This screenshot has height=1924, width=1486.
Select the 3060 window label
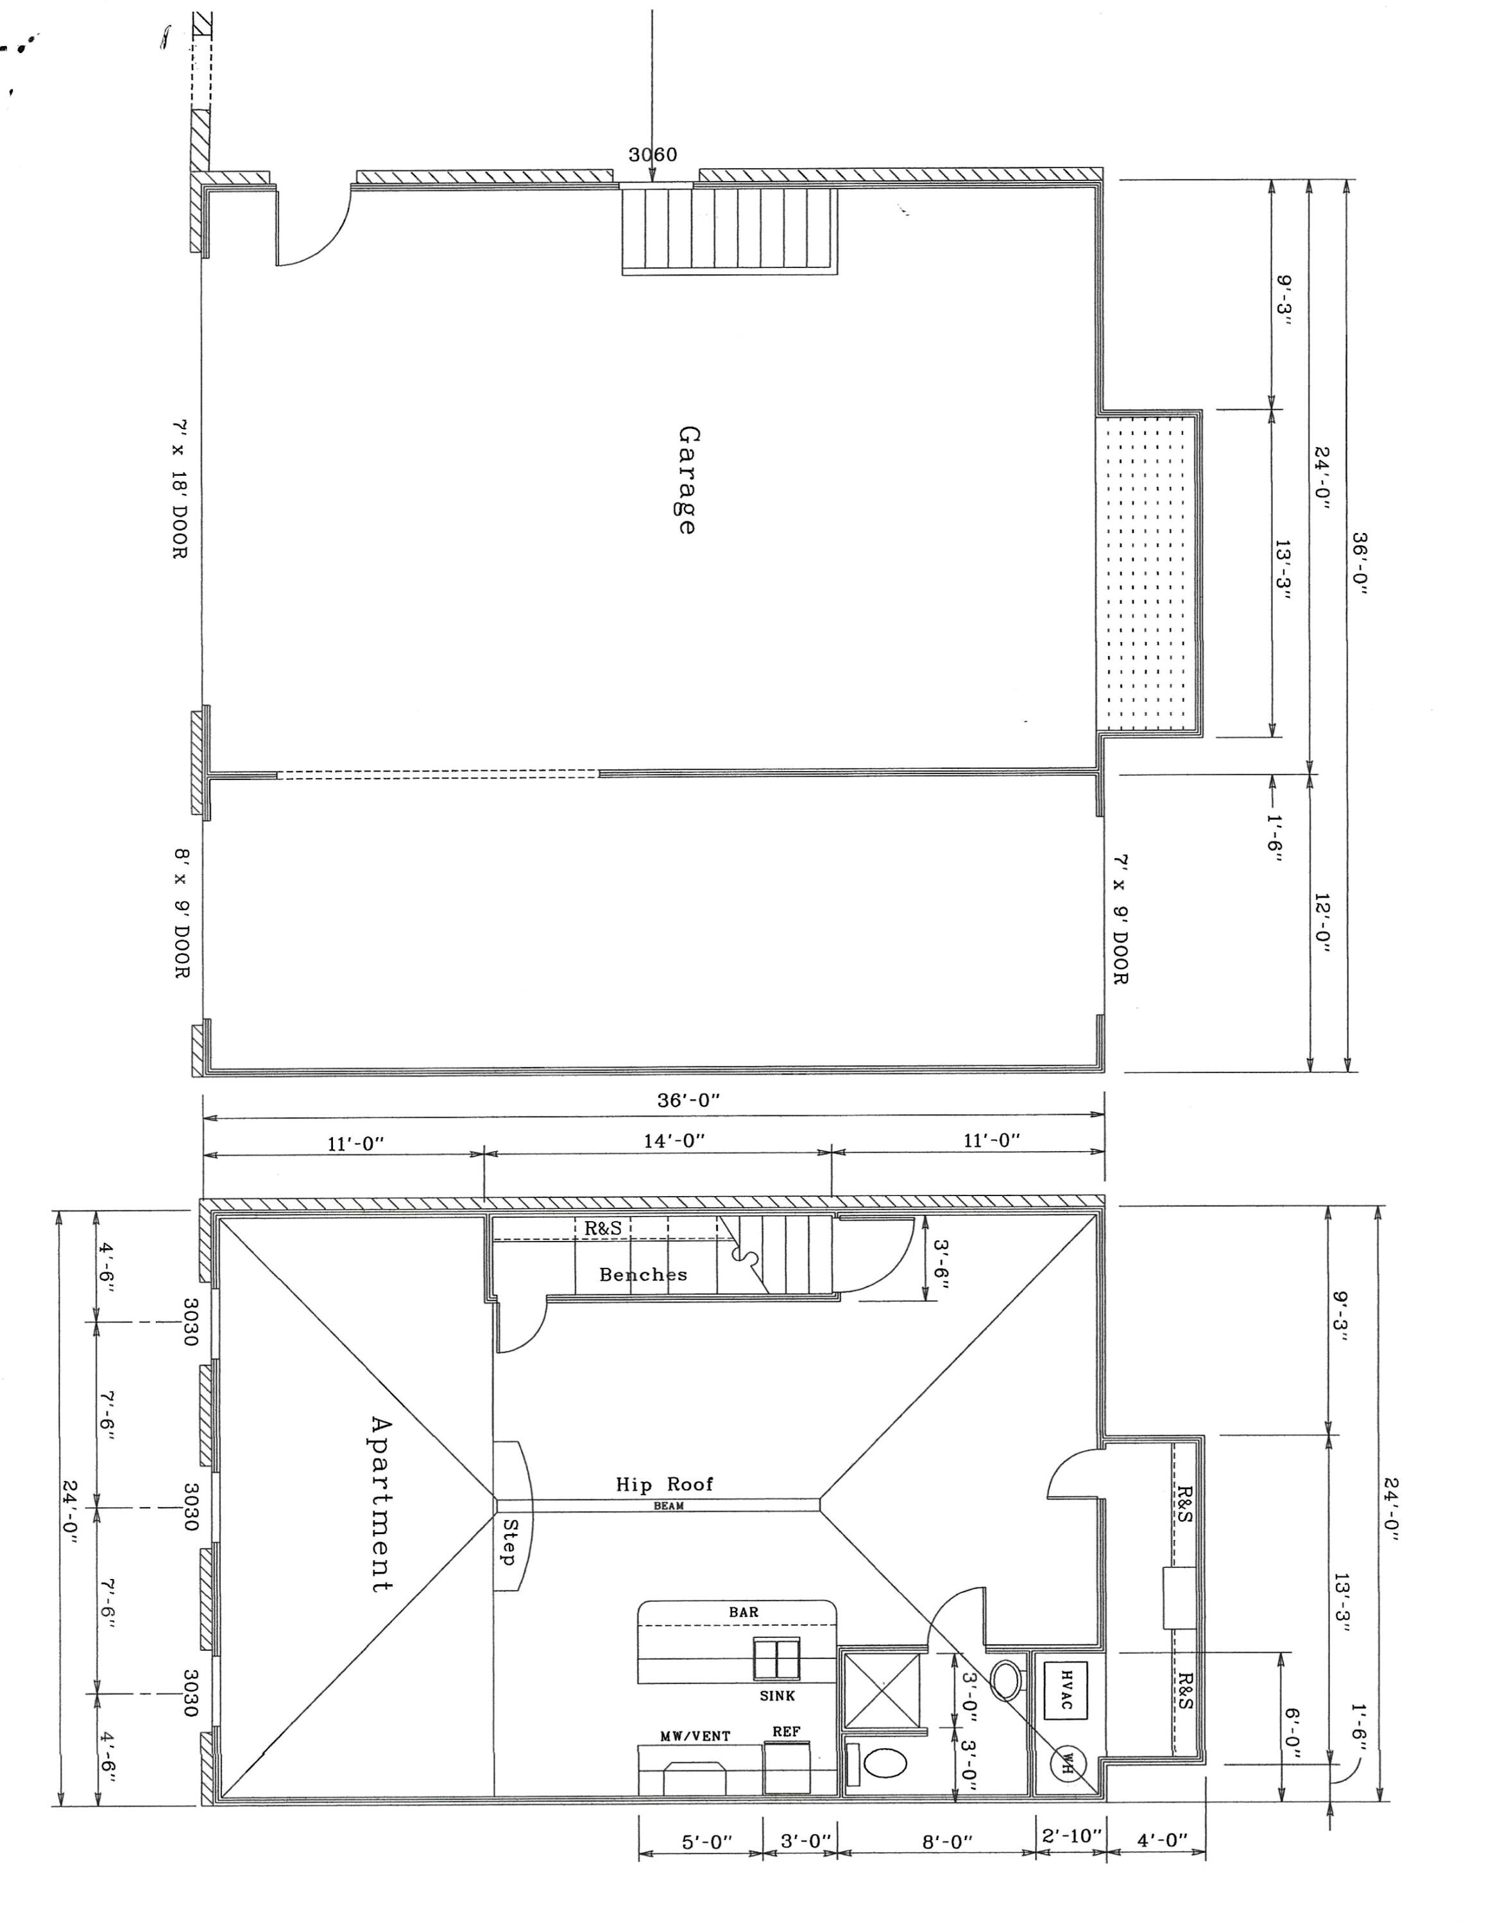click(653, 155)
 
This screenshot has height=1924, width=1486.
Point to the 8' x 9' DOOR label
click(181, 913)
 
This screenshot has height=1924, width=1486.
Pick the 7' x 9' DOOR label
click(1120, 920)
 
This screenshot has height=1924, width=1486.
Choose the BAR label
click(743, 1612)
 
